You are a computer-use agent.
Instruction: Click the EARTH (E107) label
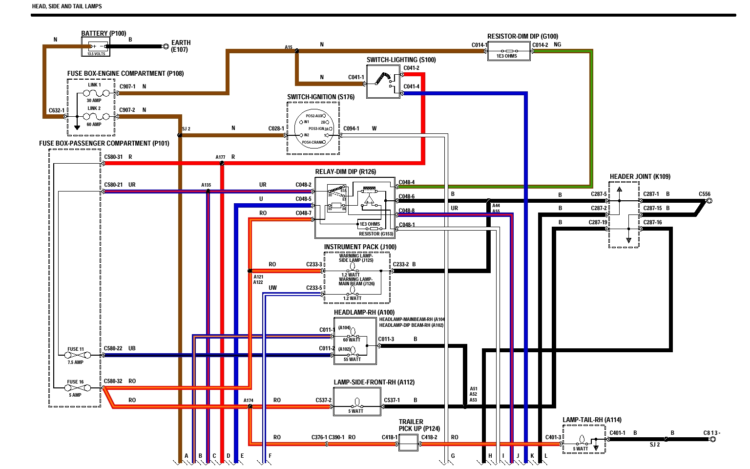point(181,46)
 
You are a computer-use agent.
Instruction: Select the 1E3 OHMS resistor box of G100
point(508,51)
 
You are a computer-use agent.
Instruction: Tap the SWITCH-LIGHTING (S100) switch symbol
point(383,81)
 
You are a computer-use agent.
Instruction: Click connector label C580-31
point(113,157)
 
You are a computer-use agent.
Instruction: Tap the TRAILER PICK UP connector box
point(408,443)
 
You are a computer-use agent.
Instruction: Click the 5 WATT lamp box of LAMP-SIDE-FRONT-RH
point(357,402)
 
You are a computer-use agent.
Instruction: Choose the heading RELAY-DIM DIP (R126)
point(346,171)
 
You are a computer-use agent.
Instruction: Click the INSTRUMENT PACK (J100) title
point(360,247)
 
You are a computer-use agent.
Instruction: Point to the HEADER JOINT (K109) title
point(640,176)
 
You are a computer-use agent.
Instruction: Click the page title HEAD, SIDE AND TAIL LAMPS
point(67,6)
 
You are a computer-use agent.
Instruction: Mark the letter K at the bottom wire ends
point(532,456)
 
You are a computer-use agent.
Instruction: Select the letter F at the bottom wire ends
point(270,456)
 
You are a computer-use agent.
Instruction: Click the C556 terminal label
point(705,194)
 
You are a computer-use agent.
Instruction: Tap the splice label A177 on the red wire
point(220,157)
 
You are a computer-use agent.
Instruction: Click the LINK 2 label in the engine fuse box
point(94,108)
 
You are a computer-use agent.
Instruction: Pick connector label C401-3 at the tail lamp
point(553,437)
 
